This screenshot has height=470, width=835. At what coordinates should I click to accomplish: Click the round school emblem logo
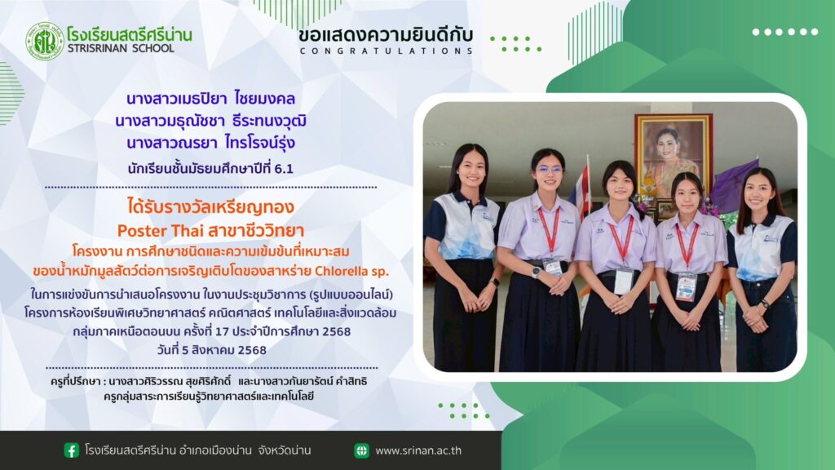coord(45,41)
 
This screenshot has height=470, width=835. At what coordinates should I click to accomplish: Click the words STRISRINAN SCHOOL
coord(121,48)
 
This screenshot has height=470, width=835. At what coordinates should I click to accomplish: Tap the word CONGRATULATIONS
coord(386,51)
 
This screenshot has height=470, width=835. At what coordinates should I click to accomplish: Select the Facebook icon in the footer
coord(72,450)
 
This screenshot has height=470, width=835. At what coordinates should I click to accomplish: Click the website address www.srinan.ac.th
coord(418,450)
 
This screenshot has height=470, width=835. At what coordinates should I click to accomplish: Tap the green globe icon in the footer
coord(361,450)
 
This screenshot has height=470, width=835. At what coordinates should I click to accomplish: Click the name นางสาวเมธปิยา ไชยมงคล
coord(211,99)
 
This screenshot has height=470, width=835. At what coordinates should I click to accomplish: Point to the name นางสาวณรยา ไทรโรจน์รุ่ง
coord(211,143)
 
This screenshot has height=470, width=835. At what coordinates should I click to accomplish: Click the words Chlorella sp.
coord(352,271)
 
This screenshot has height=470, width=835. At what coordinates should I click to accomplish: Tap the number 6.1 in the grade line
coord(284,169)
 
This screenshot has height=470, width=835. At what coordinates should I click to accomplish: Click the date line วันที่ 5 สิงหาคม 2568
coord(211,350)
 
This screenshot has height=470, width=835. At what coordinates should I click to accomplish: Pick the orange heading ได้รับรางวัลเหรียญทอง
coord(211,206)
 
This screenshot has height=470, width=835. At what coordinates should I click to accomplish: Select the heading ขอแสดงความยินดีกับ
coord(386,36)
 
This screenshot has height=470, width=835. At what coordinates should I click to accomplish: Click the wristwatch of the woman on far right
coord(765,304)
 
